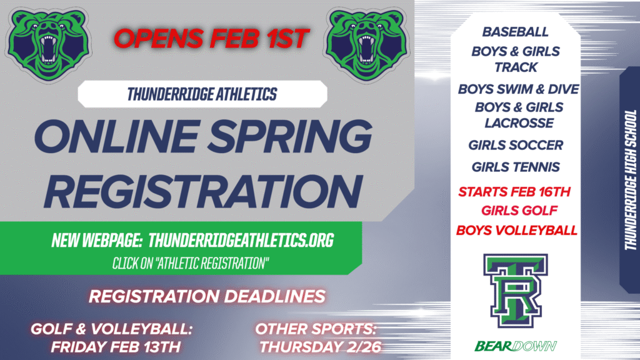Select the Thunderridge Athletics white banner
[x=202, y=94]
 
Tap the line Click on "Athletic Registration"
[x=191, y=263]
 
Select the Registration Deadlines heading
[x=207, y=296]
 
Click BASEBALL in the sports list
[x=516, y=31]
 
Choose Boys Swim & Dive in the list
[x=518, y=89]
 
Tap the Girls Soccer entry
[x=516, y=145]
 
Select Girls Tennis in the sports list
[x=516, y=167]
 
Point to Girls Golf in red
[x=516, y=211]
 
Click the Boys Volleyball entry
[x=517, y=231]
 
